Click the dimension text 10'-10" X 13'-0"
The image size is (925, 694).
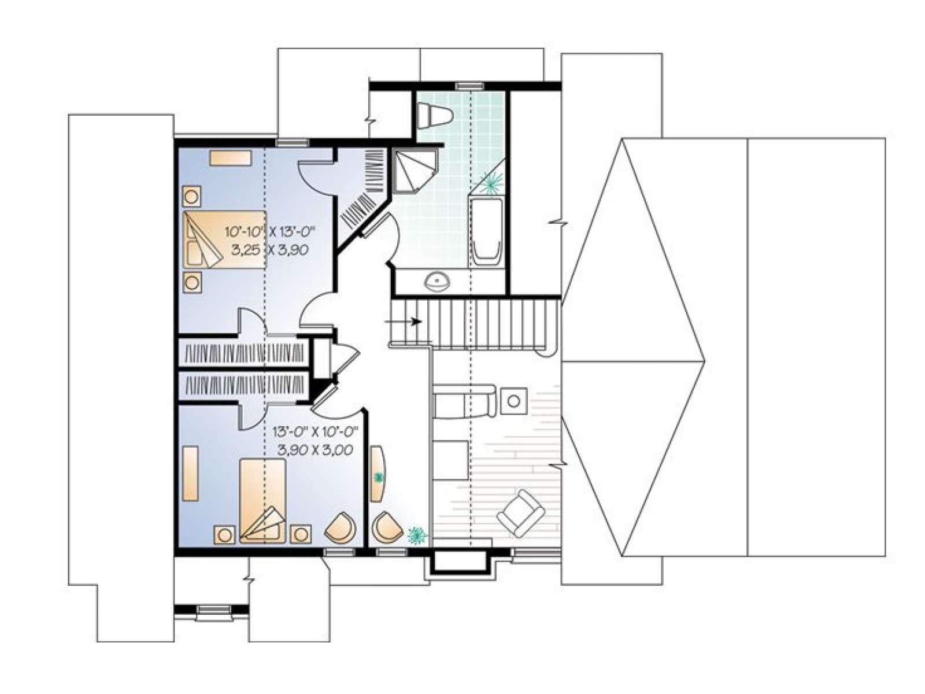coord(271,231)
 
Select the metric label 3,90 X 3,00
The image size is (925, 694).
coord(315,449)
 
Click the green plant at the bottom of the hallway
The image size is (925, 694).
coord(418,534)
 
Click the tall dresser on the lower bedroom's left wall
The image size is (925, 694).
coord(191,472)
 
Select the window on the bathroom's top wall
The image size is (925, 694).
coord(469,86)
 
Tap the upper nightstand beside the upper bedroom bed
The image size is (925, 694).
coord(191,196)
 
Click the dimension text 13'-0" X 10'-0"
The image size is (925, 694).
coord(315,431)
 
